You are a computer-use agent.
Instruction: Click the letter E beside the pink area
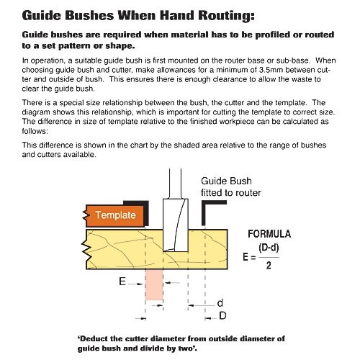(122, 282)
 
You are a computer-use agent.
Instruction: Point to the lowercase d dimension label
(220, 303)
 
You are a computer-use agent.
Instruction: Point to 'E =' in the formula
(247, 256)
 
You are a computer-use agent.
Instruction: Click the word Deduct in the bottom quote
(96, 337)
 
